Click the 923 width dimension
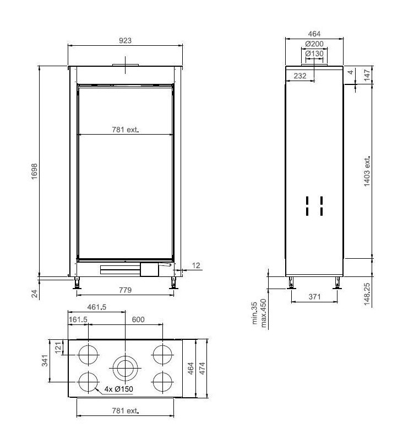pyautogui.click(x=126, y=40)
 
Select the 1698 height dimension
pyautogui.click(x=34, y=170)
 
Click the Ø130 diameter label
pyautogui.click(x=314, y=54)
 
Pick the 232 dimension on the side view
pyautogui.click(x=300, y=76)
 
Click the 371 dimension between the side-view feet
pyautogui.click(x=314, y=297)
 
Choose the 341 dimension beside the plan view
pyautogui.click(x=45, y=360)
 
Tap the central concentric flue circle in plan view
pyautogui.click(x=126, y=367)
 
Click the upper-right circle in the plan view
pyautogui.click(x=163, y=354)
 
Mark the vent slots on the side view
pyautogui.click(x=314, y=206)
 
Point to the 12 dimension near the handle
pyautogui.click(x=197, y=266)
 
